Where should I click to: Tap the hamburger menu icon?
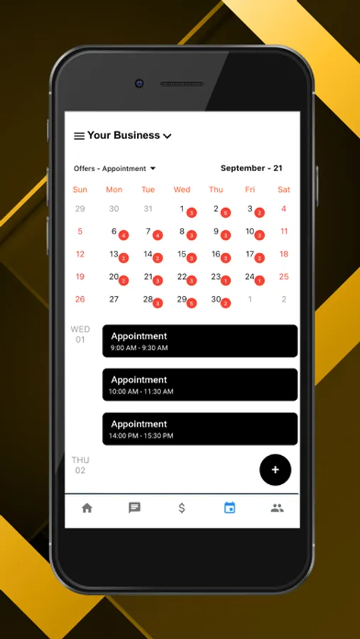[79, 136]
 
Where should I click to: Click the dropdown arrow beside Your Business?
[167, 136]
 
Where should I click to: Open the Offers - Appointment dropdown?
[114, 169]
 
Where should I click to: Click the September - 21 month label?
[251, 168]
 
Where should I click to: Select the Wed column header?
[182, 190]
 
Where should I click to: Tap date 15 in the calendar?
[182, 254]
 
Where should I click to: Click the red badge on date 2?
[226, 213]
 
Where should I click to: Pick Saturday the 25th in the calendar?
[284, 277]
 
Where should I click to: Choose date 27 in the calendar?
[114, 300]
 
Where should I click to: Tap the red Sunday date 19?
[80, 277]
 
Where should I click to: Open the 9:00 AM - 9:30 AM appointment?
[200, 341]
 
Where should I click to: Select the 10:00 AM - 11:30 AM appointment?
[200, 385]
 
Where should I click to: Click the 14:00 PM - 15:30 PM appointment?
[200, 429]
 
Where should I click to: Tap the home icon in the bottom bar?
[87, 508]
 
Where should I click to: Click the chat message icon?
[134, 508]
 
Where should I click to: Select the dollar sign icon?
[182, 508]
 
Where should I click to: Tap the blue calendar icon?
[230, 508]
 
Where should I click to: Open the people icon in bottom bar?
[277, 508]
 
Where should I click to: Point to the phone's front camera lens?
[139, 84]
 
